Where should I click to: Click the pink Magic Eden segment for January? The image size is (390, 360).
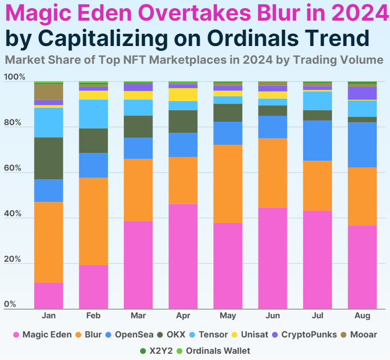[48, 295]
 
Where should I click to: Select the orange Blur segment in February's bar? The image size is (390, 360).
[93, 221]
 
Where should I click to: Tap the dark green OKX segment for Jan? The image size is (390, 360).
[48, 158]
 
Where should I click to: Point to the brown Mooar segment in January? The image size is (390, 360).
[48, 92]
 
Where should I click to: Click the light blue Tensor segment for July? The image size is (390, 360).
[317, 101]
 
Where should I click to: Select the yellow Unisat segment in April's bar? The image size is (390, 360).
[183, 94]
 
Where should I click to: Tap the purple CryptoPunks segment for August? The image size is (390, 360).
[362, 93]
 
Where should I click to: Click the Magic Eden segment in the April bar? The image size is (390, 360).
[183, 256]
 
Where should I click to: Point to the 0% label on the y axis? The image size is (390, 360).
[10, 304]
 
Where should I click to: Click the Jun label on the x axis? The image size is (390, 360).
[272, 316]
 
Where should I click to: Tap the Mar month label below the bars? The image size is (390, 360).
[138, 316]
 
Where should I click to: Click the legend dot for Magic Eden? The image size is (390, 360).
[16, 335]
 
